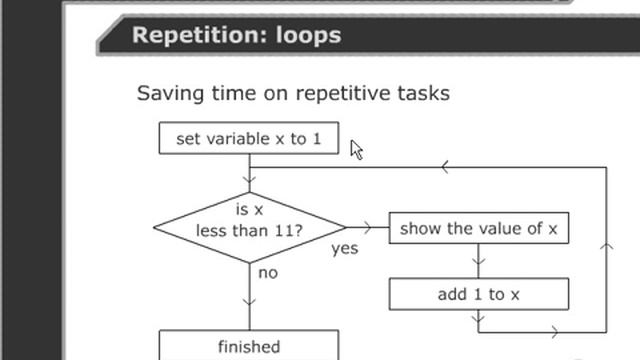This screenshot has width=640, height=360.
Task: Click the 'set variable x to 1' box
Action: [x=249, y=138]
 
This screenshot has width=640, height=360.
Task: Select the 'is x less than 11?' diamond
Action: [x=249, y=227]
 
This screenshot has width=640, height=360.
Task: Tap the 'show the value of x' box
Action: [x=478, y=228]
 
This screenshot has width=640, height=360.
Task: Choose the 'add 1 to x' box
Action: [x=478, y=294]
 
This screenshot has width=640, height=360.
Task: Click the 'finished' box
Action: [x=249, y=346]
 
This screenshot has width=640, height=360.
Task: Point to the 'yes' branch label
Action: [x=345, y=249]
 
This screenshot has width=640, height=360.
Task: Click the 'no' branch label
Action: [x=267, y=272]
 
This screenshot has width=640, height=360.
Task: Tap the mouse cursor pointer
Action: [x=356, y=149]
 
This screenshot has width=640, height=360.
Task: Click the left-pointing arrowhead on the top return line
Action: [x=444, y=167]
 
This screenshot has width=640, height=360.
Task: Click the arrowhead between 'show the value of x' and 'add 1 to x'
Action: [x=478, y=265]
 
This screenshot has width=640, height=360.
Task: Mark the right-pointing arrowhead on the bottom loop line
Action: [x=552, y=330]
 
